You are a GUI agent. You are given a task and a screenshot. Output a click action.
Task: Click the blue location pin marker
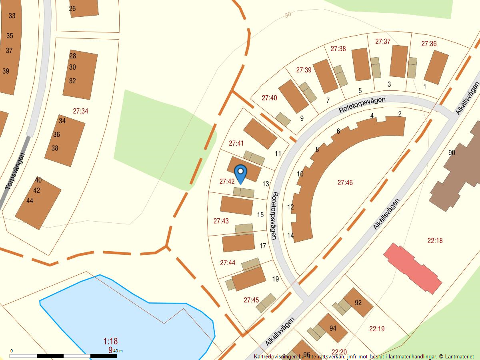pyautogui.click(x=240, y=174)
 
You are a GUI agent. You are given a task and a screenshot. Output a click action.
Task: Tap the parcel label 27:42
pyautogui.click(x=227, y=181)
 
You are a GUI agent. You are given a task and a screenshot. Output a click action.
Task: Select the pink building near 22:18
pyautogui.click(x=412, y=268)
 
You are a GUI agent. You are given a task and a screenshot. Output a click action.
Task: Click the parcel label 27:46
pyautogui.click(x=345, y=183)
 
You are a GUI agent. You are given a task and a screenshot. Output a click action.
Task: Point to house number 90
pyautogui.click(x=452, y=152)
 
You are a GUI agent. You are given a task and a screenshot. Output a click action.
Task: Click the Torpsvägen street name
pyautogui.click(x=15, y=171)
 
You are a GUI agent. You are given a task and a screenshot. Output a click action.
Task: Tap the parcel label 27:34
pyautogui.click(x=80, y=111)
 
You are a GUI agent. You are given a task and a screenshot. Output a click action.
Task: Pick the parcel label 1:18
pyautogui.click(x=110, y=341)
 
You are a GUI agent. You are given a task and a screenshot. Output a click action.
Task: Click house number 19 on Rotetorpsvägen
pyautogui.click(x=275, y=279)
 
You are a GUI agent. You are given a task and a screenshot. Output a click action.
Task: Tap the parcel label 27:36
pyautogui.click(x=429, y=44)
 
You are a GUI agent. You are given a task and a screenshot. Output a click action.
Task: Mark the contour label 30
pyautogui.click(x=288, y=15)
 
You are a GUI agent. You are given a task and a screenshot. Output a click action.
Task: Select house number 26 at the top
pyautogui.click(x=72, y=8)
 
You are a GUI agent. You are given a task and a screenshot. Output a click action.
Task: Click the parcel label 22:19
pyautogui.click(x=377, y=329)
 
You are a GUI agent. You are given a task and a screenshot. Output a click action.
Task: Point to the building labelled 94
pyautogui.click(x=332, y=328)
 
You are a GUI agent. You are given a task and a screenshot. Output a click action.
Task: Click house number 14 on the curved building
pyautogui.click(x=290, y=235)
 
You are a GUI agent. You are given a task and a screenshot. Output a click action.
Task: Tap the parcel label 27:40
pyautogui.click(x=269, y=98)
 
